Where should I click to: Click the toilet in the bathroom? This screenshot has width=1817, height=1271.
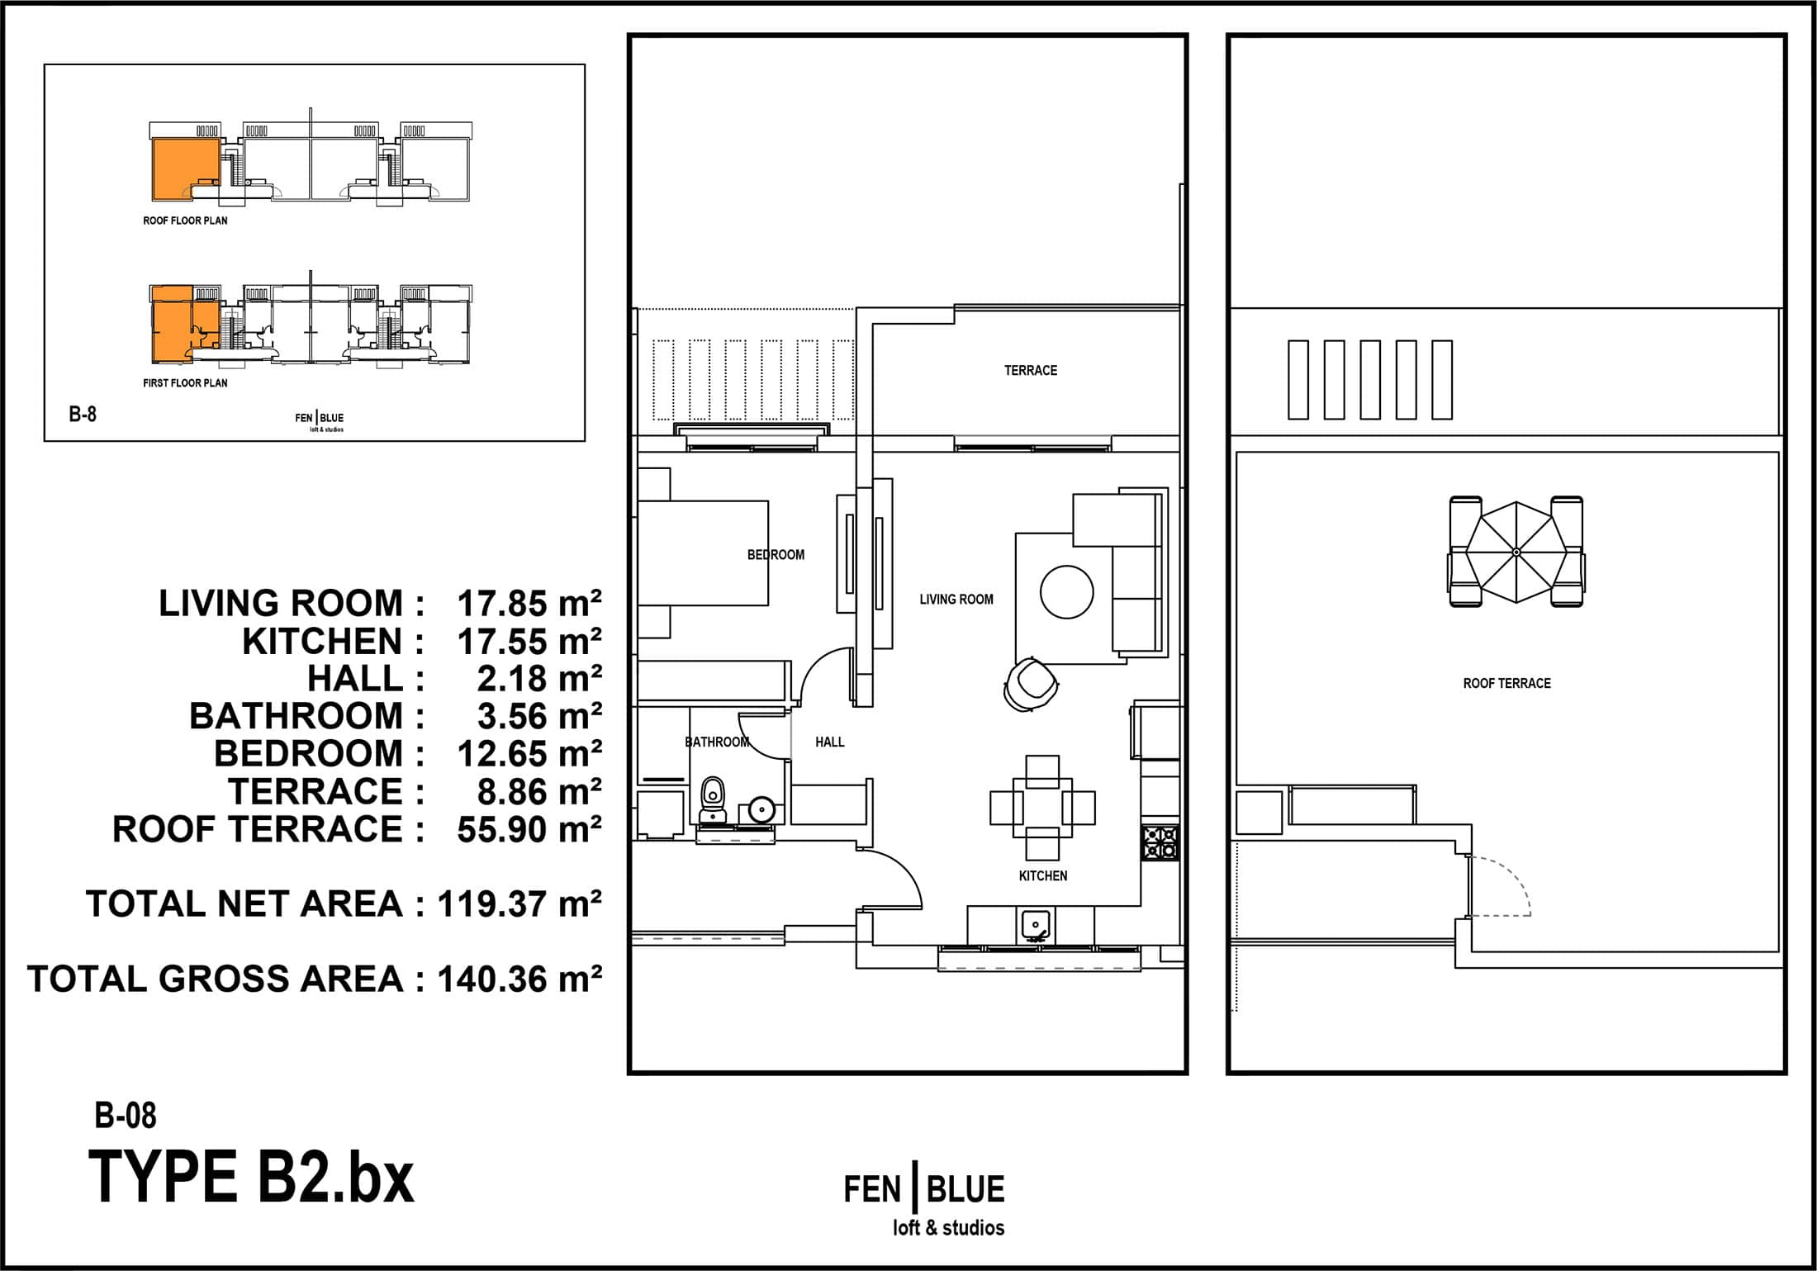point(712,800)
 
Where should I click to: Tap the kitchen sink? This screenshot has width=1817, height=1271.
point(1036,925)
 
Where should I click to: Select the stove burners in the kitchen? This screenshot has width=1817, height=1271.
point(1160,842)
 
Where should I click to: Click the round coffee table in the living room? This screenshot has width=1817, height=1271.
point(1066,592)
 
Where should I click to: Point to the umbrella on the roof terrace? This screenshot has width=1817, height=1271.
point(1516,552)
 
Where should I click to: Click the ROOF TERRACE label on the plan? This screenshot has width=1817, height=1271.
point(1506,683)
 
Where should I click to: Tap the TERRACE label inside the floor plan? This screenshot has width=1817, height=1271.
point(1030,371)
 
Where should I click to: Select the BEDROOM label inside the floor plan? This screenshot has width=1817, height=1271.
point(776,555)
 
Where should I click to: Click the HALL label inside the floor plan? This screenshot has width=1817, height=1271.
point(829,742)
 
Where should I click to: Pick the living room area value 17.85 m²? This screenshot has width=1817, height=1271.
point(529,604)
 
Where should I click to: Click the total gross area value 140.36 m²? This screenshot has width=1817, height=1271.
point(519,979)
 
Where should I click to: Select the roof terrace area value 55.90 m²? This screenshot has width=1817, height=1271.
point(529,829)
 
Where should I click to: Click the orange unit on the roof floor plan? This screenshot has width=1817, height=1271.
point(183,169)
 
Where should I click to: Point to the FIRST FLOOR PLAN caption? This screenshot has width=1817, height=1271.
point(185,383)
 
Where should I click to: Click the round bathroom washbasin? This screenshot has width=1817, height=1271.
point(760,809)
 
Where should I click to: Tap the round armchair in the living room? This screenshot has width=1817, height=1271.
point(1031,683)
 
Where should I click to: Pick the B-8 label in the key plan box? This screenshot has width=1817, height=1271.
point(83,414)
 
